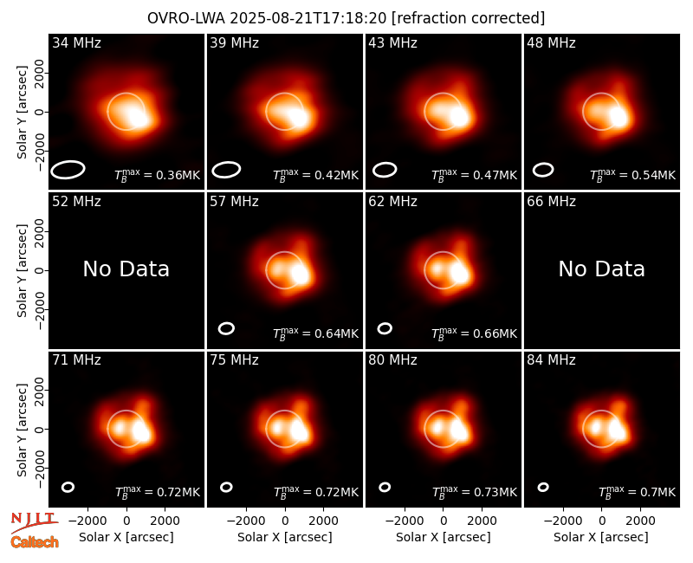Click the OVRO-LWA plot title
point(346,18)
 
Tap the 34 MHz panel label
point(76,42)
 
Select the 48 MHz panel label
point(551,42)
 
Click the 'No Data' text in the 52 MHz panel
point(126,269)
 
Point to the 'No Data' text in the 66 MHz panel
point(601,269)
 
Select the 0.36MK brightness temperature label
point(158,175)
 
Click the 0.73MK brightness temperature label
point(474,492)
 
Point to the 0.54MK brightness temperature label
point(633,175)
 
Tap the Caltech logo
point(35,542)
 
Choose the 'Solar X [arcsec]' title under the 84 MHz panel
point(601,537)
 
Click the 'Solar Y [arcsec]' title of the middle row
point(22,270)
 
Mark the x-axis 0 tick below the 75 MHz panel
point(285,521)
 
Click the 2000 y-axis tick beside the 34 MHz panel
point(40,74)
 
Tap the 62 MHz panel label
point(393,202)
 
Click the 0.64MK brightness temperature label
point(315,333)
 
